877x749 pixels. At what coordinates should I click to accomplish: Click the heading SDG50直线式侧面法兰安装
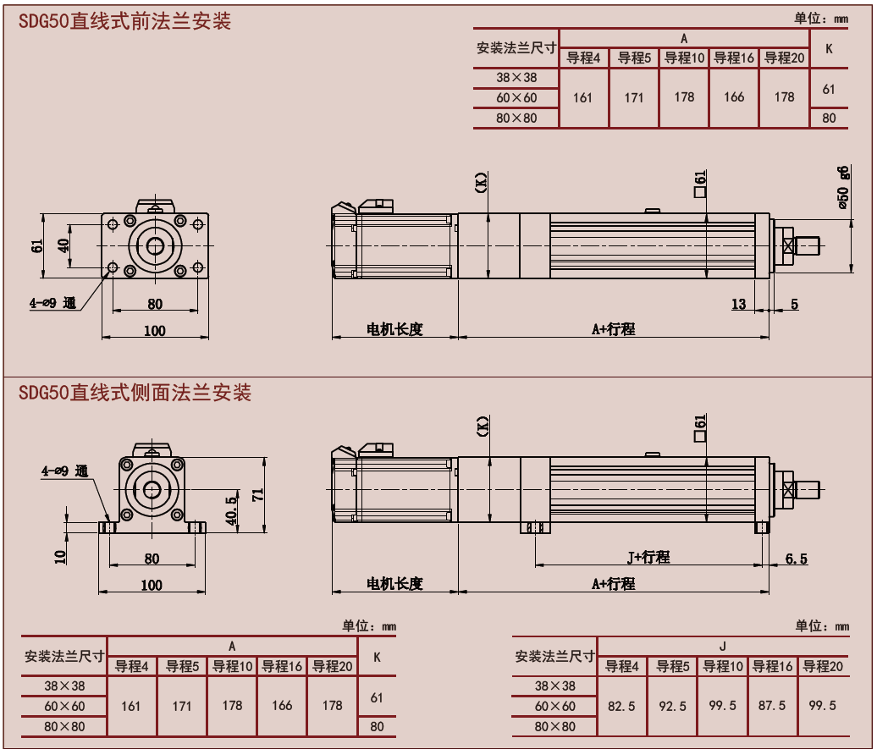tap(135, 393)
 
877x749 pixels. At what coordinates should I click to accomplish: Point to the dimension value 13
tap(739, 304)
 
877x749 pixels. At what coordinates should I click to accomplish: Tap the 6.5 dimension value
tap(796, 559)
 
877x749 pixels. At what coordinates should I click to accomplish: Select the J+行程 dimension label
tap(648, 557)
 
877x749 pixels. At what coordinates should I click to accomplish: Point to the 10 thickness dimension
tap(60, 556)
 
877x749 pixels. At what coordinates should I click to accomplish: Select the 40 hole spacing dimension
tap(63, 245)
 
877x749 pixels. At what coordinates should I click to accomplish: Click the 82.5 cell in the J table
tap(622, 706)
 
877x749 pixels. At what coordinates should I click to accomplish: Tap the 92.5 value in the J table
tap(672, 706)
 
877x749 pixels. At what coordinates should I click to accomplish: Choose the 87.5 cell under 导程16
tap(772, 706)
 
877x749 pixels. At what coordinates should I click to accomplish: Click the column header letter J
tap(722, 647)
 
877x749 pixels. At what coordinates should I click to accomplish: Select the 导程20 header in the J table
tap(823, 666)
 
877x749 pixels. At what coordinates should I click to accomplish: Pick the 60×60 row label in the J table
tap(554, 706)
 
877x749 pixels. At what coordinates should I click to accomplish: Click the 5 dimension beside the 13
tap(794, 304)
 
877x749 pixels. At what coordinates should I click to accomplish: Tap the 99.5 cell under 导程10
tap(722, 706)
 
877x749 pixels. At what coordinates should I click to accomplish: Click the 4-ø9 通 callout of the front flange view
tap(53, 302)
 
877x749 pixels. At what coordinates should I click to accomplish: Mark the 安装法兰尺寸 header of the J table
tap(554, 656)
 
